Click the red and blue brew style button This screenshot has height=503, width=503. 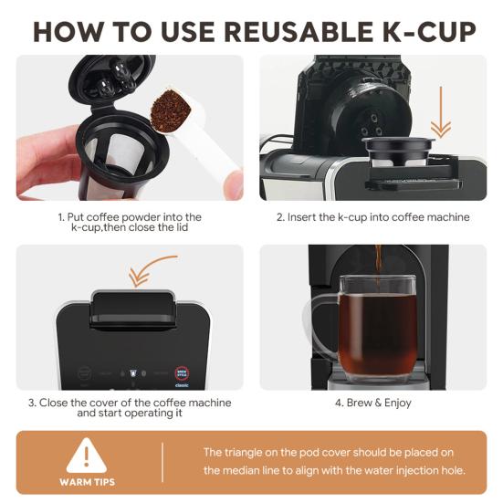[x=182, y=373]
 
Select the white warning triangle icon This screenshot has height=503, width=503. [x=87, y=456]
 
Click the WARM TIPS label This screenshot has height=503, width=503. [x=87, y=482]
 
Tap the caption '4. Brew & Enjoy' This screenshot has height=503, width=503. [x=373, y=403]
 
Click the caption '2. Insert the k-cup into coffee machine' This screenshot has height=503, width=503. [x=373, y=217]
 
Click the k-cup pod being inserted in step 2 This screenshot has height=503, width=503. [x=398, y=152]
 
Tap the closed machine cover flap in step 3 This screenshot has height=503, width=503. [x=133, y=309]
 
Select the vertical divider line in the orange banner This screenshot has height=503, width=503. [x=162, y=462]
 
